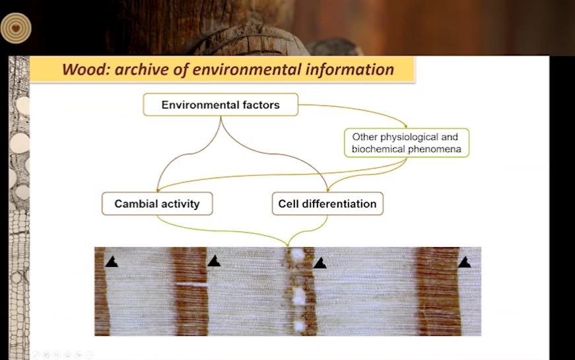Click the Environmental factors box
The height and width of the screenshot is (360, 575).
[220, 104]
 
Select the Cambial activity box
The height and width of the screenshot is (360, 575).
[157, 203]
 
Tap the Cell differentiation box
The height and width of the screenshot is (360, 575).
[327, 203]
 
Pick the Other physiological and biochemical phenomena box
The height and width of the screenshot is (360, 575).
[406, 143]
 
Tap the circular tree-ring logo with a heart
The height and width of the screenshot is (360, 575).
[16, 28]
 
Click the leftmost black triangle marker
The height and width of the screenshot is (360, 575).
[112, 262]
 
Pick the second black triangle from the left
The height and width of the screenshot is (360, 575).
[214, 261]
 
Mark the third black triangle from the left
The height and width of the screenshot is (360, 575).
[320, 263]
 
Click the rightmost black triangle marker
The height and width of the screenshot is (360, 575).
[464, 262]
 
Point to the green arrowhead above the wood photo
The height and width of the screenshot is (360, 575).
[288, 244]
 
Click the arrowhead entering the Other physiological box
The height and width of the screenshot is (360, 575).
[405, 126]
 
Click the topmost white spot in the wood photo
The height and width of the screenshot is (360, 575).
[297, 253]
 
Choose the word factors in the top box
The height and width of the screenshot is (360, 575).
[261, 105]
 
